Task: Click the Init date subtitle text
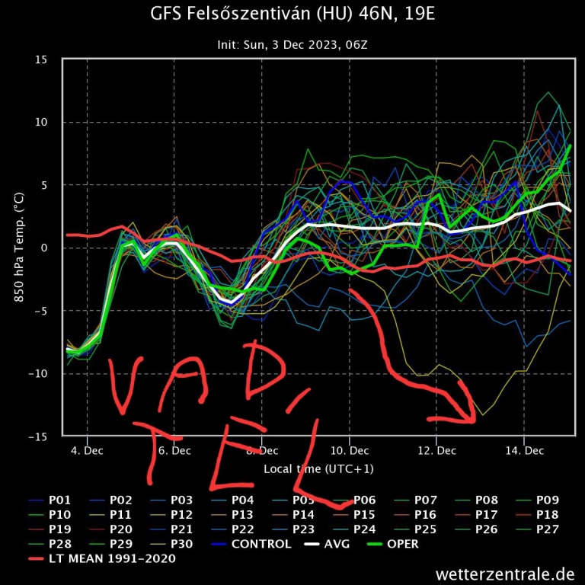pyautogui.click(x=293, y=45)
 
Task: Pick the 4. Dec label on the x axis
pyautogui.click(x=87, y=451)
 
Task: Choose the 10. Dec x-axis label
pyautogui.click(x=350, y=451)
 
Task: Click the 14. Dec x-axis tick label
pyautogui.click(x=525, y=451)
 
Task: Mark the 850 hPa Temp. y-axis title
pyautogui.click(x=19, y=248)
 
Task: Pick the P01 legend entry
pyautogui.click(x=60, y=500)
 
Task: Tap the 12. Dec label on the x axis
pyautogui.click(x=437, y=451)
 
